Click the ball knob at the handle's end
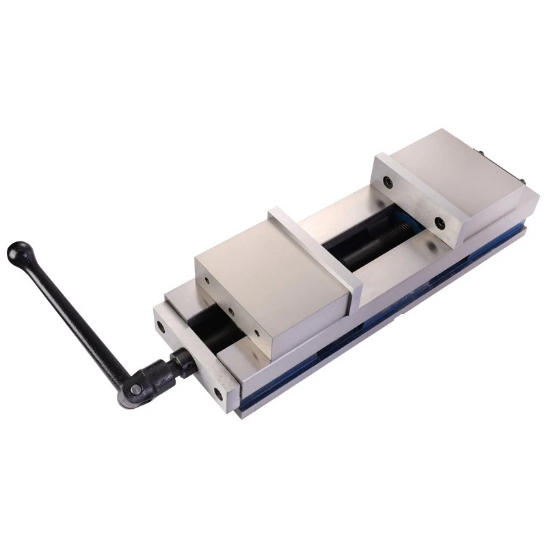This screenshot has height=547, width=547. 18,252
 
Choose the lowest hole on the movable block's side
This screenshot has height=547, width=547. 257,334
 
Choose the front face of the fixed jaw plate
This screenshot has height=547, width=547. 410,199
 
